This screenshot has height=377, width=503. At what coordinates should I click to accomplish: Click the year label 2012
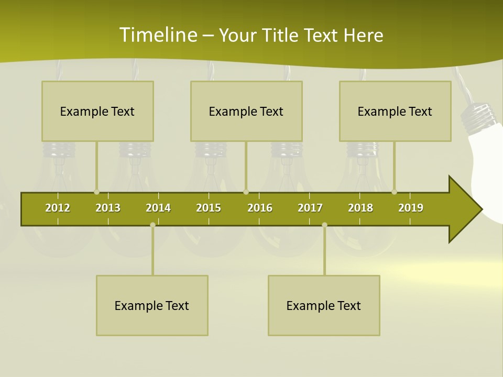pyautogui.click(x=58, y=208)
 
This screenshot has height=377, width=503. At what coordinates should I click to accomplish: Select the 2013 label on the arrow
pyautogui.click(x=108, y=208)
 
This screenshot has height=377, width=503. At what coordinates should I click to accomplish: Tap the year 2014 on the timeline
pyautogui.click(x=158, y=208)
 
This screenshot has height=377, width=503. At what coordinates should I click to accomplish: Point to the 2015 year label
pyautogui.click(x=209, y=208)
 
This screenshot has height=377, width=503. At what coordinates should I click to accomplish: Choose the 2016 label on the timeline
pyautogui.click(x=260, y=208)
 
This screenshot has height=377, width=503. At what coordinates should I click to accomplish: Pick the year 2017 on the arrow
pyautogui.click(x=310, y=208)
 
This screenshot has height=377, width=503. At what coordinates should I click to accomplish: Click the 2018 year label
pyautogui.click(x=360, y=208)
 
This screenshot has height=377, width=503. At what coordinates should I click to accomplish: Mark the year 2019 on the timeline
pyautogui.click(x=411, y=208)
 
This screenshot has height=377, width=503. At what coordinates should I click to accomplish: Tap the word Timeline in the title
pyautogui.click(x=157, y=35)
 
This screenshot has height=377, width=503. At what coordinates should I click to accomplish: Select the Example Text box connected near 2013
pyautogui.click(x=97, y=111)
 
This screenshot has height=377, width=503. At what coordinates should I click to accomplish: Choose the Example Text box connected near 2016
pyautogui.click(x=246, y=111)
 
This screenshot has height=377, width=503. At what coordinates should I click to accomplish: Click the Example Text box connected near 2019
pyautogui.click(x=395, y=111)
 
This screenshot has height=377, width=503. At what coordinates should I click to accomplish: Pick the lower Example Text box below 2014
pyautogui.click(x=152, y=305)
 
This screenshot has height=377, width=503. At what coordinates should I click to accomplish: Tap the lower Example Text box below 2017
pyautogui.click(x=324, y=305)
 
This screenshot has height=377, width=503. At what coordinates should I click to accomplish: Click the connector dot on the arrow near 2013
pyautogui.click(x=96, y=192)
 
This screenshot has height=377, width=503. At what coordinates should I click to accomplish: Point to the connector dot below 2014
pyautogui.click(x=152, y=225)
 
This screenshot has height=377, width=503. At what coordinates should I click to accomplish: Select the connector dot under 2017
pyautogui.click(x=324, y=225)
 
